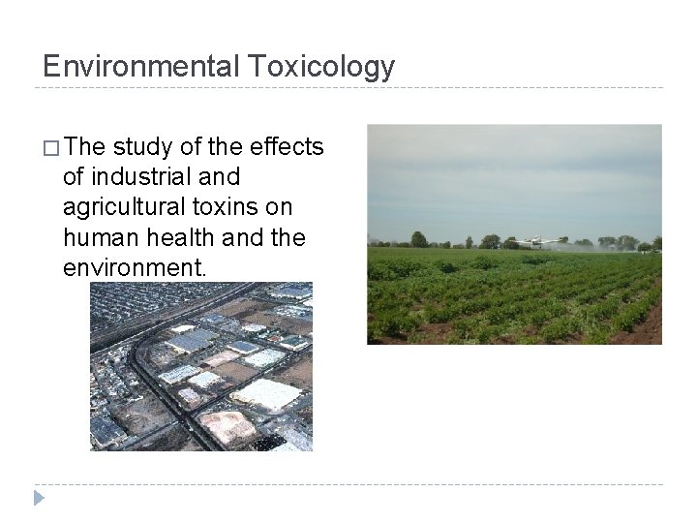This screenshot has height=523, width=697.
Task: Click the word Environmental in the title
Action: tap(140, 66)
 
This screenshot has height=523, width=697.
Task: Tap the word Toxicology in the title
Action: tap(321, 66)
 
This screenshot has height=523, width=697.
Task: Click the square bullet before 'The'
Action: tap(51, 147)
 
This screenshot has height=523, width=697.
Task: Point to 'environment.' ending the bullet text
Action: tap(135, 267)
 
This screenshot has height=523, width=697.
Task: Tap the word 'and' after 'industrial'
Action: tap(218, 177)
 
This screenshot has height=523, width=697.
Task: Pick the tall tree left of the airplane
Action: tap(418, 238)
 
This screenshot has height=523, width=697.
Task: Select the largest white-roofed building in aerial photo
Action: tap(267, 393)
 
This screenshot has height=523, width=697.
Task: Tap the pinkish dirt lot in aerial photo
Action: tap(227, 426)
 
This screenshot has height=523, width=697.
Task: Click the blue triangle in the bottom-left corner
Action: tap(38, 499)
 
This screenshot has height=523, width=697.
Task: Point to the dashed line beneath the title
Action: tap(348, 88)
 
